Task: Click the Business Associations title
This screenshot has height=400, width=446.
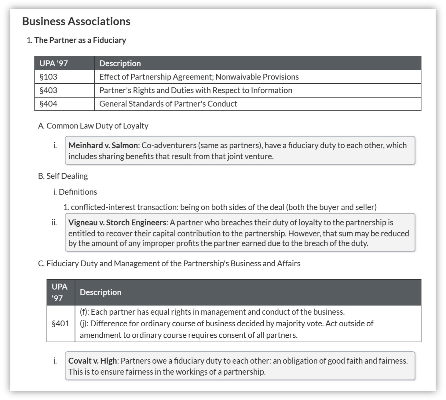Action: click(x=76, y=21)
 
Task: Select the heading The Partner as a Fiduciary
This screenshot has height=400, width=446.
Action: click(x=80, y=40)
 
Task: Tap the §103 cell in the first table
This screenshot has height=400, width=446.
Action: click(x=49, y=77)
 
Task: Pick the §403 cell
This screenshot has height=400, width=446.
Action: click(x=49, y=90)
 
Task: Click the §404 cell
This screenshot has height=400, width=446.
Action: click(x=49, y=104)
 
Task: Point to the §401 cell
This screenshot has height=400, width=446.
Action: click(x=60, y=323)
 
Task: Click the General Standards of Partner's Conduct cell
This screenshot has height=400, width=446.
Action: click(x=168, y=104)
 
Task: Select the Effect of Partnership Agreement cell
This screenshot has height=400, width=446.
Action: click(x=199, y=77)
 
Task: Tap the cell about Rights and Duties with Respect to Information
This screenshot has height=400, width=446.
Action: click(x=196, y=90)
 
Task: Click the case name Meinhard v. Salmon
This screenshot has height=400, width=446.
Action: click(x=103, y=145)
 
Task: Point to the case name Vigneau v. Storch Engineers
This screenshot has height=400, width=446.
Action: click(x=117, y=222)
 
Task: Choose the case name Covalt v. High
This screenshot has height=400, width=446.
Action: click(x=93, y=361)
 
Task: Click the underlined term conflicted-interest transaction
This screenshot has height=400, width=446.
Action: click(x=124, y=207)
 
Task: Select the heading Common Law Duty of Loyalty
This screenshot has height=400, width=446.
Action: click(x=97, y=126)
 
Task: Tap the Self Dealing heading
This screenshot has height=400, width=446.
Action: click(x=67, y=176)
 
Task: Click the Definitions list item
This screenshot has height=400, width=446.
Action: click(x=78, y=192)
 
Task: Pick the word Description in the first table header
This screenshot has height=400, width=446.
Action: click(x=120, y=63)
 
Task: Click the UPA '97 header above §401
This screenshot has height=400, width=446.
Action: click(x=60, y=292)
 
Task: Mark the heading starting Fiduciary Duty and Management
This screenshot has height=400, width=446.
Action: click(x=173, y=263)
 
